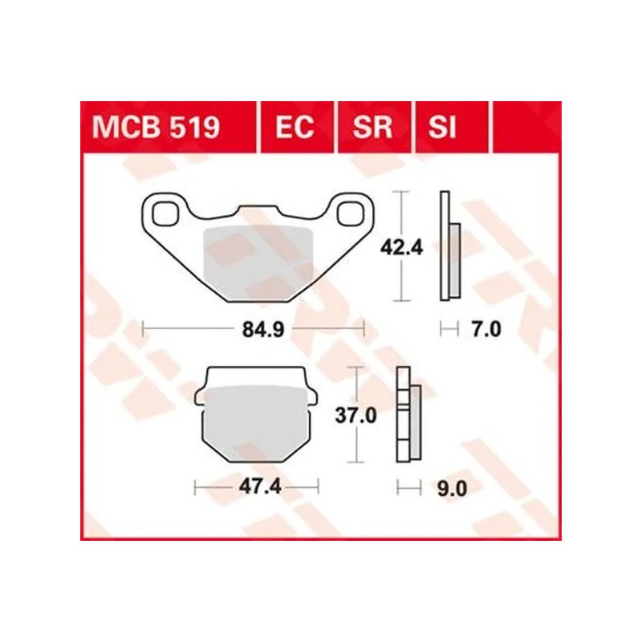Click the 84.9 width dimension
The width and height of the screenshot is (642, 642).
(254, 328)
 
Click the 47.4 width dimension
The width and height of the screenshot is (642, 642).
(258, 486)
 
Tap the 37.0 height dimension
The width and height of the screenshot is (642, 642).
(352, 416)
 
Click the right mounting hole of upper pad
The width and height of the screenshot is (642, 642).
(349, 213)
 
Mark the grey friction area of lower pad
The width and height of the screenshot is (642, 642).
(258, 421)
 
